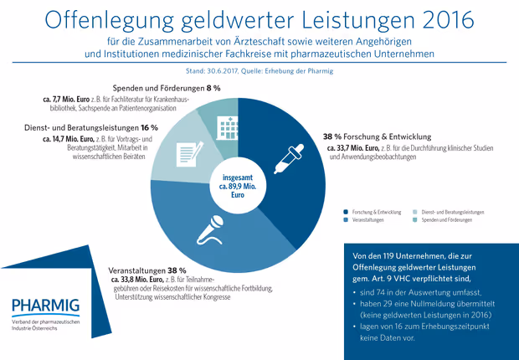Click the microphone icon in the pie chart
click(210, 230)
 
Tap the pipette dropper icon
click(289, 159)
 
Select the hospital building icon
click(227, 127)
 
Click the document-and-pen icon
click(190, 154)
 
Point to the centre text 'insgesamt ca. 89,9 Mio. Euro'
click(238, 186)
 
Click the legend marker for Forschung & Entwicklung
click(346, 212)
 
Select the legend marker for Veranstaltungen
click(346, 220)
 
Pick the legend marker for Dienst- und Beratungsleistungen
click(415, 212)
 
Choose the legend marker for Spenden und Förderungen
click(415, 220)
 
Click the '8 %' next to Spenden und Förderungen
click(213, 89)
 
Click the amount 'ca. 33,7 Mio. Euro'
click(353, 148)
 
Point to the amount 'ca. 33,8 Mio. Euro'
click(137, 280)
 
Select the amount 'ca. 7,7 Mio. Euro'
click(66, 100)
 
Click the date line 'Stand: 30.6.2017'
click(211, 71)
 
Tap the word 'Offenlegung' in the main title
click(109, 21)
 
